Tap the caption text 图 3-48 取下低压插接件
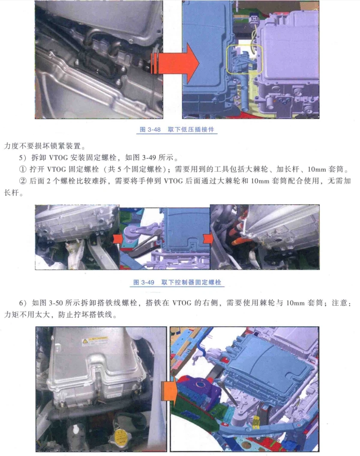click(177, 129)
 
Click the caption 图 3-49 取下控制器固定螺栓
click(177, 283)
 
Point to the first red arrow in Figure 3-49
click(116, 238)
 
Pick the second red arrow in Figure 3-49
click(207, 238)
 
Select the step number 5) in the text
click(23, 156)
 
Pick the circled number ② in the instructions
click(23, 181)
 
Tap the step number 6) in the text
click(23, 303)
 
